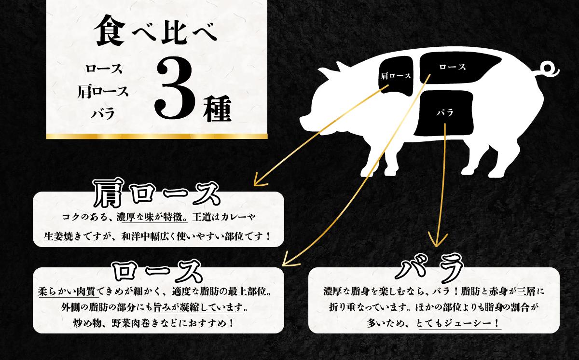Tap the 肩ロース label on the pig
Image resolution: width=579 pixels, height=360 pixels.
396,76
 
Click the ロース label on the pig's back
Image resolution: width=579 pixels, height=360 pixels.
452,67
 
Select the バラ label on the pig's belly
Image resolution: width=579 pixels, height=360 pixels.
444,113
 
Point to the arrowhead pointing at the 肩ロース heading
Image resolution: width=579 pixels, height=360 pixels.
257,183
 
